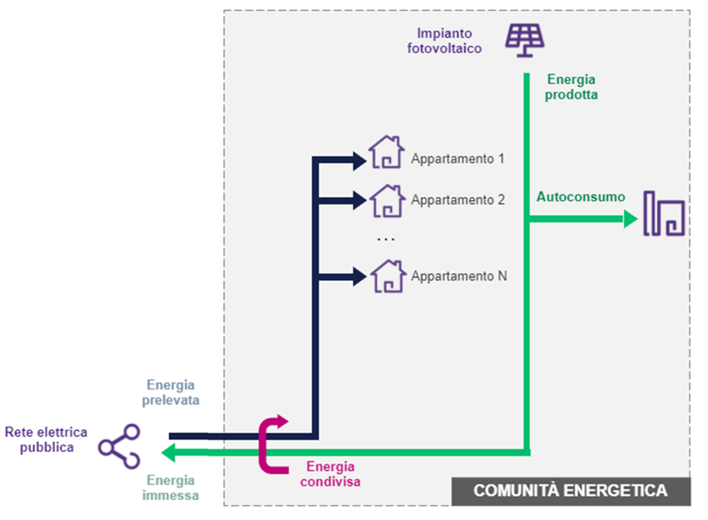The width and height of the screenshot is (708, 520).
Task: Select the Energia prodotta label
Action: click(572, 87)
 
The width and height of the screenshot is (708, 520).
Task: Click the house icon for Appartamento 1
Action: click(386, 153)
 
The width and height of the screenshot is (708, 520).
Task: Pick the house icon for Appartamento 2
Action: click(386, 200)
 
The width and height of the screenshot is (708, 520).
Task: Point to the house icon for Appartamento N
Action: click(386, 275)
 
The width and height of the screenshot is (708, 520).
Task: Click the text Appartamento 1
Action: click(458, 158)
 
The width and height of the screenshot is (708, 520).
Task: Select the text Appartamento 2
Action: click(458, 201)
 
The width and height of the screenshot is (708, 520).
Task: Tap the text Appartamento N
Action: click(458, 276)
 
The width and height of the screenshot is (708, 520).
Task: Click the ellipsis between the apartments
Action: click(386, 239)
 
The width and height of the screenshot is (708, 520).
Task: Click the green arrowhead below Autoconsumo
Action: click(631, 220)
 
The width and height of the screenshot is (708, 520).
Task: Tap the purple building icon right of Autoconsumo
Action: click(665, 213)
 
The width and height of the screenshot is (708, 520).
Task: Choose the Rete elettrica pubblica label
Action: click(39, 439)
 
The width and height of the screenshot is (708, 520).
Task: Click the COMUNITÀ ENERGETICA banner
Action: click(570, 491)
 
